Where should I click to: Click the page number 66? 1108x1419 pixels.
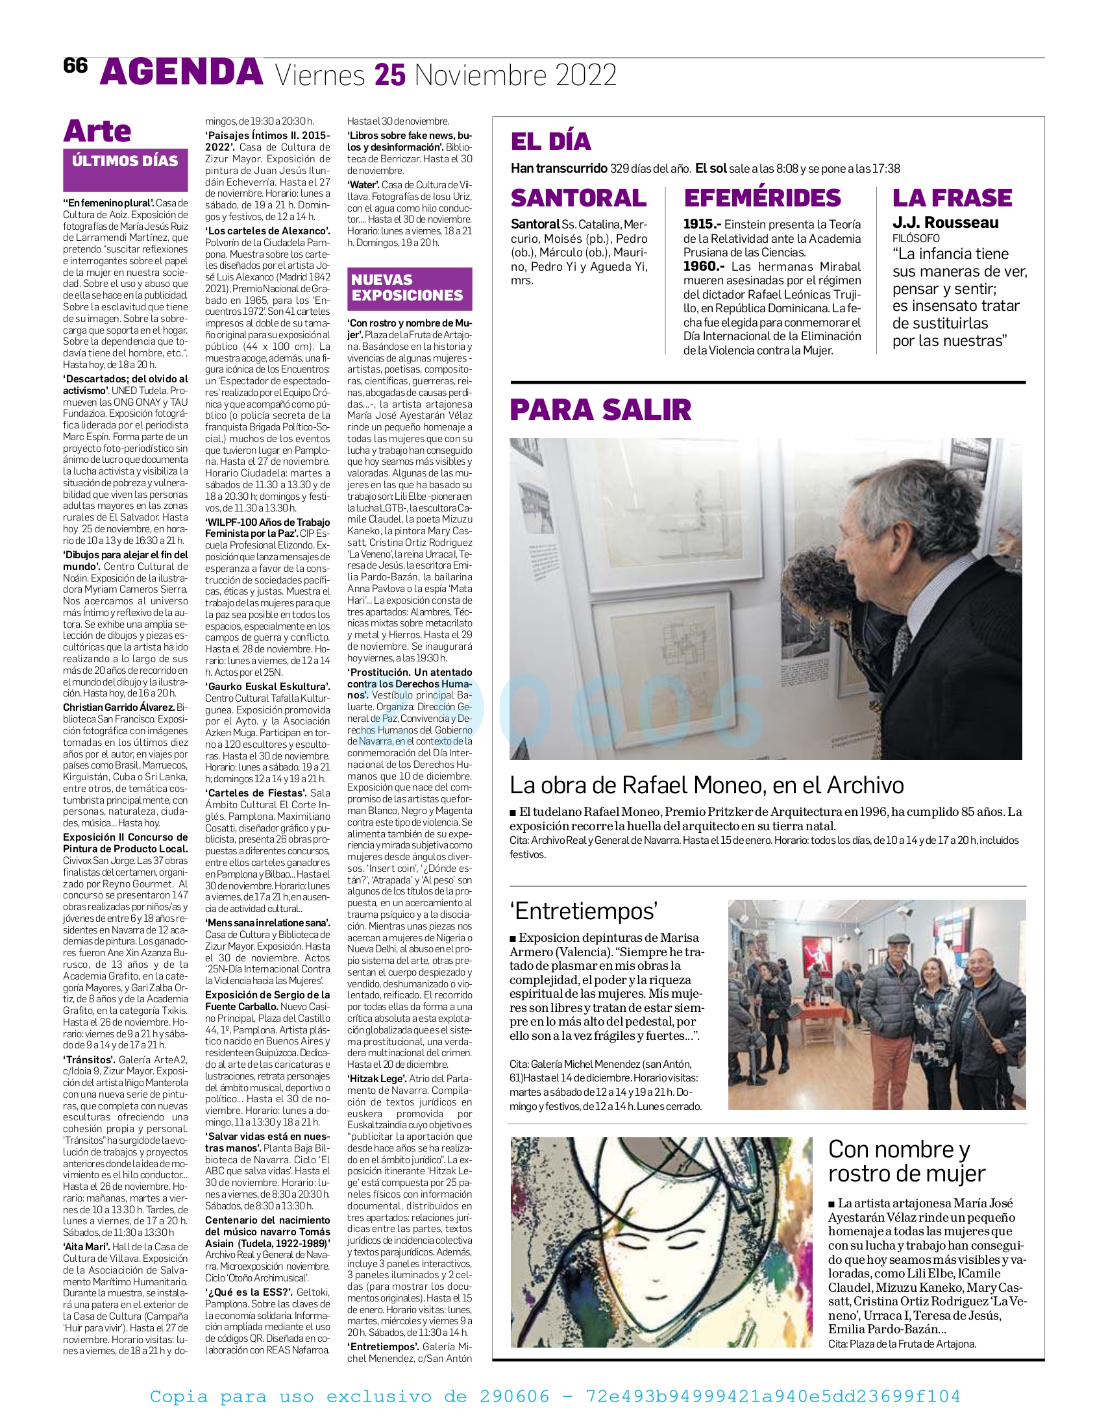click(x=75, y=66)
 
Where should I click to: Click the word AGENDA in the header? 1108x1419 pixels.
click(x=181, y=73)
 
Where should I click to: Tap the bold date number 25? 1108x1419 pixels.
click(x=389, y=75)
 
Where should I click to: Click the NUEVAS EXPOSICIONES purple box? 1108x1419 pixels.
click(x=409, y=288)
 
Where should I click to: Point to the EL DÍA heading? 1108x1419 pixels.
click(x=550, y=142)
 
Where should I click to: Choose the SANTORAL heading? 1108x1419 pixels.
click(x=578, y=197)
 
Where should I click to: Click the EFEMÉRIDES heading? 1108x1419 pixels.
click(x=761, y=197)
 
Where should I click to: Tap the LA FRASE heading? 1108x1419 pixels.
click(x=952, y=197)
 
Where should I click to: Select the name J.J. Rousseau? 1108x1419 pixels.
click(x=945, y=223)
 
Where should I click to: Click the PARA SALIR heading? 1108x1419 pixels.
click(x=600, y=410)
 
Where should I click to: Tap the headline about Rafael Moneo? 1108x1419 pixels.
click(x=706, y=785)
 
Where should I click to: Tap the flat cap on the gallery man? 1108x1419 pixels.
click(x=900, y=938)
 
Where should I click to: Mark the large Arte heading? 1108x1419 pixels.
click(x=97, y=131)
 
